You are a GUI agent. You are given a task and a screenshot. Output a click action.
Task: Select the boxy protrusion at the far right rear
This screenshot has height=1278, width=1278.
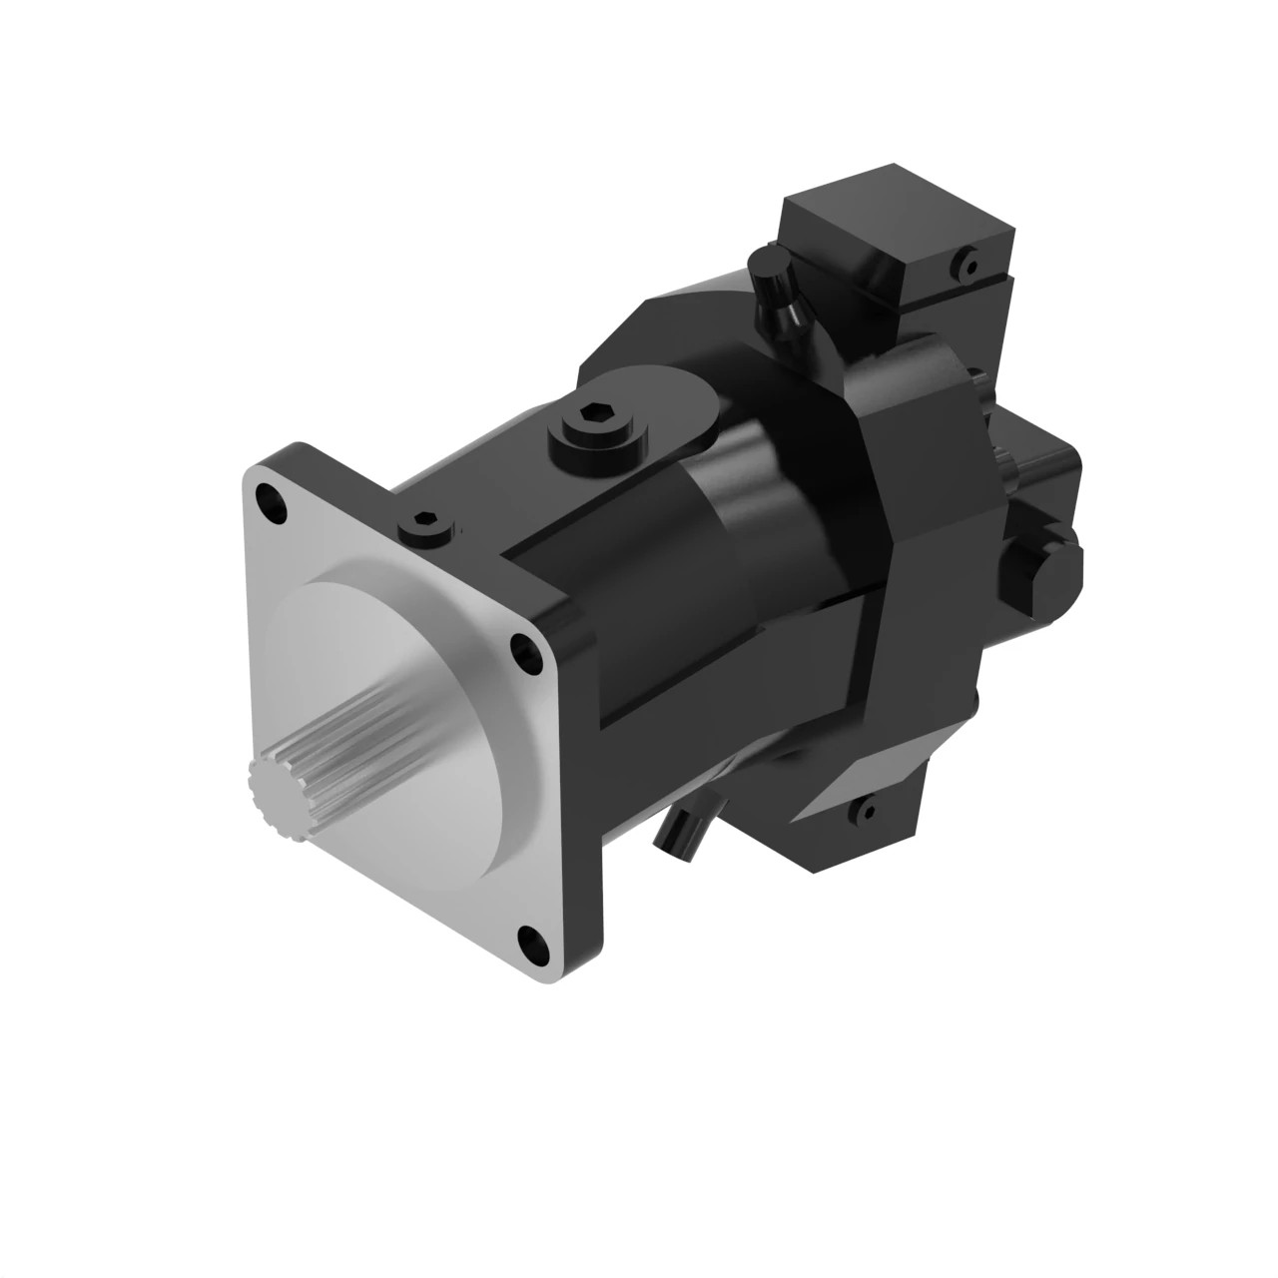pos(1048,479)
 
